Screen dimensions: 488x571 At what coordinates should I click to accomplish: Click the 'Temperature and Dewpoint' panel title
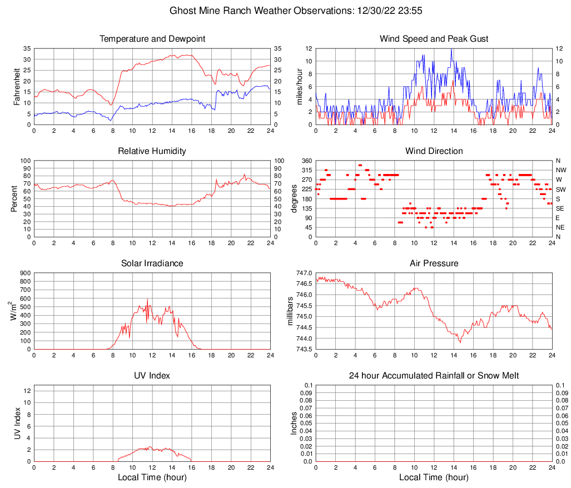pyautogui.click(x=152, y=39)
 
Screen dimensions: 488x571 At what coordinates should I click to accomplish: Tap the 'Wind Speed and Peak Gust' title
pyautogui.click(x=434, y=39)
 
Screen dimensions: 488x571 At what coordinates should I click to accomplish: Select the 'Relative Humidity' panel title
pyautogui.click(x=152, y=151)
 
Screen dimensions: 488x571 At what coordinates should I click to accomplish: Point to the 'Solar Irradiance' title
pyautogui.click(x=152, y=263)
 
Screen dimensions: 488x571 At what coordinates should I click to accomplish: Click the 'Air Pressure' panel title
pyautogui.click(x=434, y=263)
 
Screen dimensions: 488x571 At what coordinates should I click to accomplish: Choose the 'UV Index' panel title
pyautogui.click(x=152, y=376)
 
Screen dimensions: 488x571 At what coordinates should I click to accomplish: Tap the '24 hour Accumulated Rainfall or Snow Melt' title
pyautogui.click(x=434, y=376)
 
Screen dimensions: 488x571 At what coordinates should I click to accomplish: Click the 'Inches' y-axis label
pyautogui.click(x=294, y=423)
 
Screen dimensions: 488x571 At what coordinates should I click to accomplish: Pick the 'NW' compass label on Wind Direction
pyautogui.click(x=560, y=170)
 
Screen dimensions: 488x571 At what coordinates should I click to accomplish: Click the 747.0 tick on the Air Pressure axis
pyautogui.click(x=304, y=273)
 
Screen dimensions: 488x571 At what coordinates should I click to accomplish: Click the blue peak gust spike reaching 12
pyautogui.click(x=451, y=49)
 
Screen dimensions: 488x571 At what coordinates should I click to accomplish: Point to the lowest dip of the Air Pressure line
pyautogui.click(x=460, y=342)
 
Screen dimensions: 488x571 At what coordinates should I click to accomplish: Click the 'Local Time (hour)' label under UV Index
pyautogui.click(x=152, y=477)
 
